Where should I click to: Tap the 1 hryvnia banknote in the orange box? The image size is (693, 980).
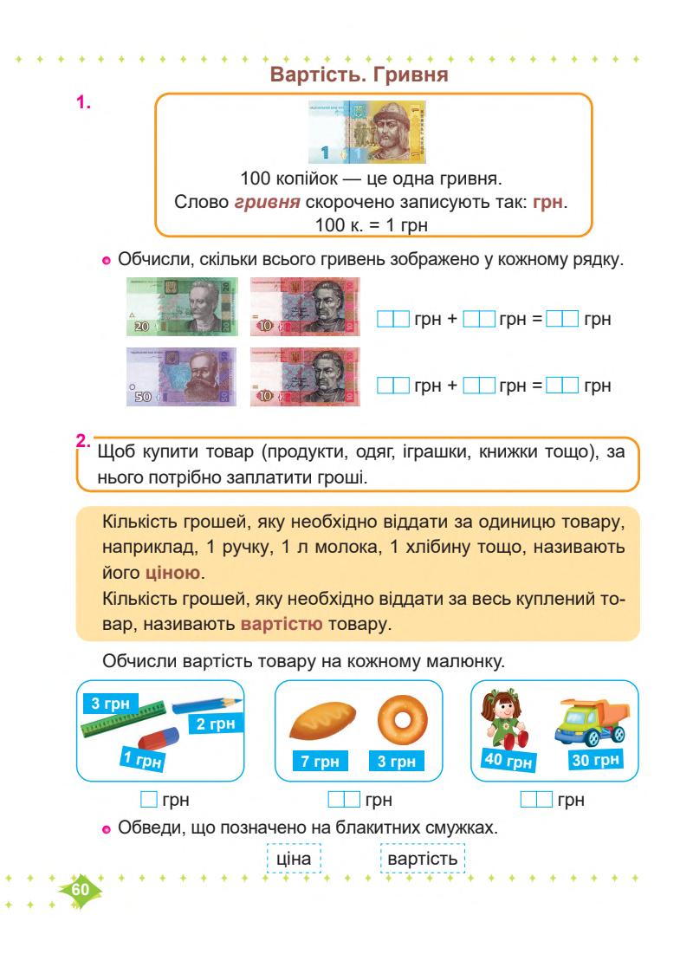click(x=368, y=133)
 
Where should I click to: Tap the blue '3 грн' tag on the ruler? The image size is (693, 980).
click(x=110, y=704)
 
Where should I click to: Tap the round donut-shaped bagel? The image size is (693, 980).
click(x=398, y=718)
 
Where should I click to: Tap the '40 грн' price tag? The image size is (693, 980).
click(x=507, y=763)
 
